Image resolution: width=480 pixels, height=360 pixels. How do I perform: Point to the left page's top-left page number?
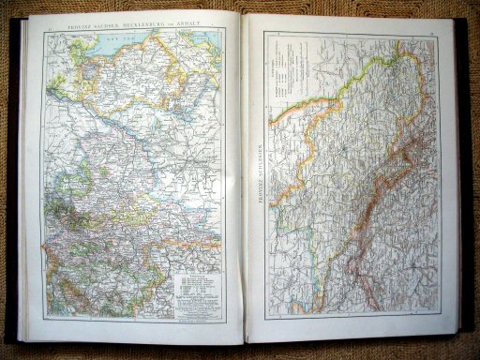point(49,31)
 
